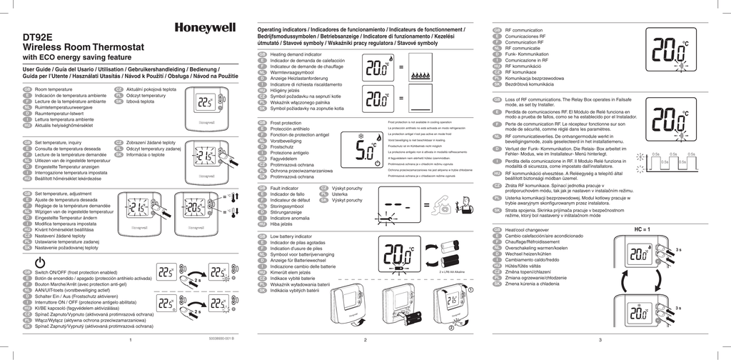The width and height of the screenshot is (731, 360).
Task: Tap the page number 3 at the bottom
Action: tap(600, 340)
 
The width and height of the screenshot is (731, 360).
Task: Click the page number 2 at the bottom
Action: tap(365, 340)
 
